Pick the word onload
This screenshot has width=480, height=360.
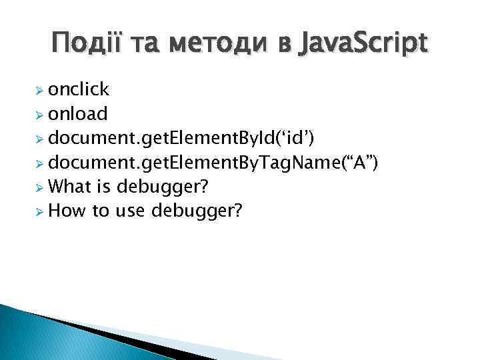pyautogui.click(x=78, y=114)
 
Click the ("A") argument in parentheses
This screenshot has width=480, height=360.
pyautogui.click(x=356, y=163)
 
